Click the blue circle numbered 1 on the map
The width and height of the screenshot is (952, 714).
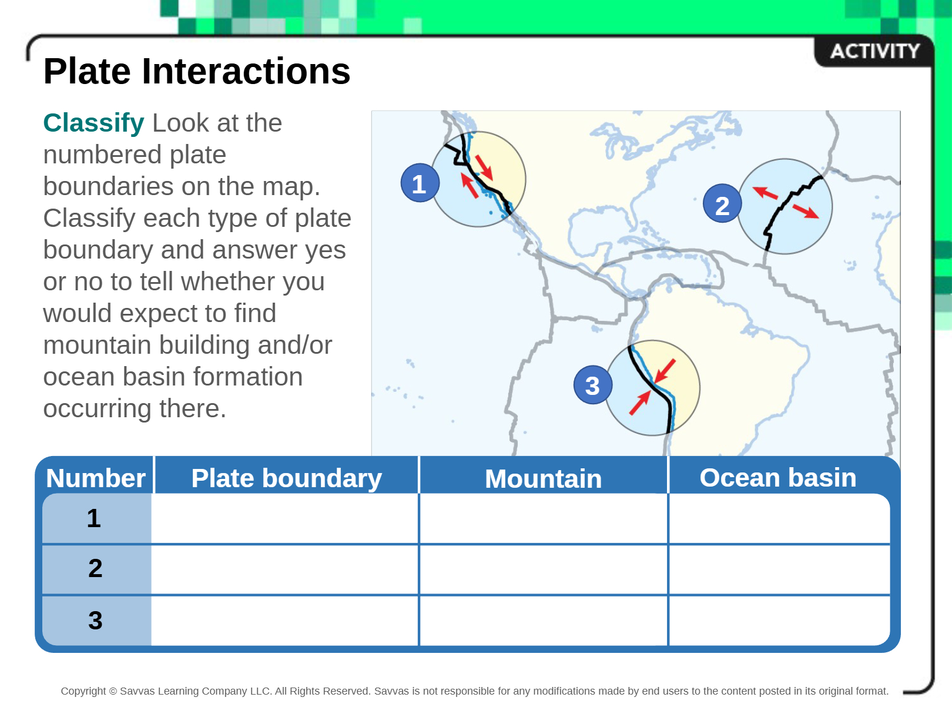420,183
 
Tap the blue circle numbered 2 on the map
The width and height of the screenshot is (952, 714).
722,203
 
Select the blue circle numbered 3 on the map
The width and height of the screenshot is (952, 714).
593,385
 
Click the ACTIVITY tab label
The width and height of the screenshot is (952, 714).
875,51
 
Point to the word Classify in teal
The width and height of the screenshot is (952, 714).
93,123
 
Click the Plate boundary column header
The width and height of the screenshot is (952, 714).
286,478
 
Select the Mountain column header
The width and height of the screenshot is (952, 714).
543,478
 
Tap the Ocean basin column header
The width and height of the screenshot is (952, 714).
777,477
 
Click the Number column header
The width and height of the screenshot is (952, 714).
95,478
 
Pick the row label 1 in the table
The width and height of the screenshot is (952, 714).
93,518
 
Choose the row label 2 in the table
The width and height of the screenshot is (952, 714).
95,568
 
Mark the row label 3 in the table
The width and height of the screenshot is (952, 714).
95,620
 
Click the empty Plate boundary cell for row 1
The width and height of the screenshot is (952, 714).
284,518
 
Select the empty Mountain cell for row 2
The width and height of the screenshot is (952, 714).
544,569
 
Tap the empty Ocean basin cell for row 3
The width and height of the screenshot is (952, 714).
779,621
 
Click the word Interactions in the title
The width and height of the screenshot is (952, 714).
246,71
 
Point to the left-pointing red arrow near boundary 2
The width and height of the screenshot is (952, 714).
765,193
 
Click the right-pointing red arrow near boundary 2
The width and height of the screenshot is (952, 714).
806,212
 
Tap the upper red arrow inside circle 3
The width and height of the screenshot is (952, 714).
665,371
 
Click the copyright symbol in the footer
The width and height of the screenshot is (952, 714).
113,691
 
